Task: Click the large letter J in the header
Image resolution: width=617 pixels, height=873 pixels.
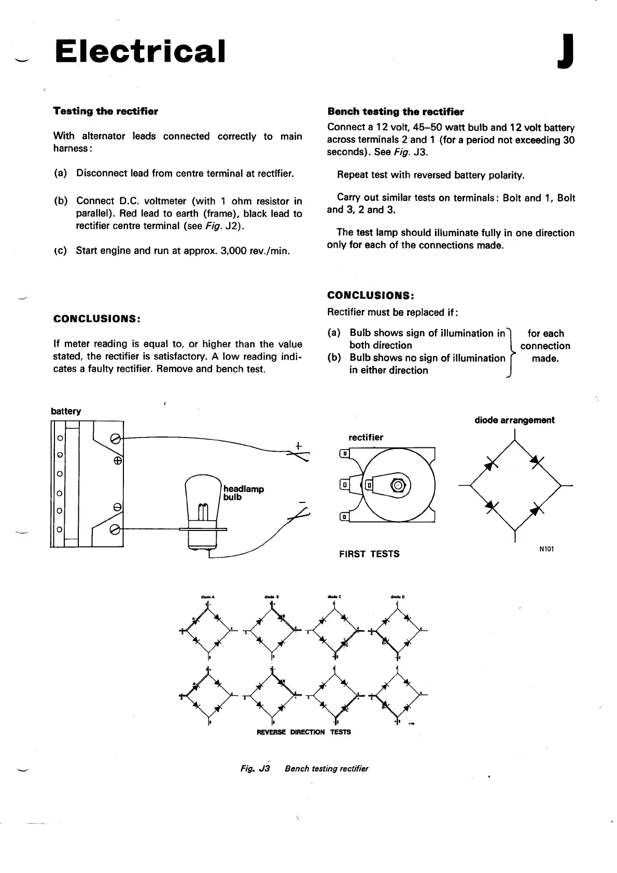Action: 565,51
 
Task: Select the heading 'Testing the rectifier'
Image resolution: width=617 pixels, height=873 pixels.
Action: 105,111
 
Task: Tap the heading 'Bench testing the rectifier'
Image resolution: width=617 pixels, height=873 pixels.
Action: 396,112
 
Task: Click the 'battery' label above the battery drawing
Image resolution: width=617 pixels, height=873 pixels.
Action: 66,411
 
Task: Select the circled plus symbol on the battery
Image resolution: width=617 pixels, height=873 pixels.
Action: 118,460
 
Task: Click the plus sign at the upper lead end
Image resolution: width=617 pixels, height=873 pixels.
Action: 298,445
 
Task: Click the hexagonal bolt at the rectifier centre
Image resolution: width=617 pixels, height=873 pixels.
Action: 398,485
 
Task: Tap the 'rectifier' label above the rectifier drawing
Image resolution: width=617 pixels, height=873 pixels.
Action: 366,438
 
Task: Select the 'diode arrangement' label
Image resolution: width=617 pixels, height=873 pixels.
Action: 514,420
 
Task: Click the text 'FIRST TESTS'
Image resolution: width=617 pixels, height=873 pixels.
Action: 369,554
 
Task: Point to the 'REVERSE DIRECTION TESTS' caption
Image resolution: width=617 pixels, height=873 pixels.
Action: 304,732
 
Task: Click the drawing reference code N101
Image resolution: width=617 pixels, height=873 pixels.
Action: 546,549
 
